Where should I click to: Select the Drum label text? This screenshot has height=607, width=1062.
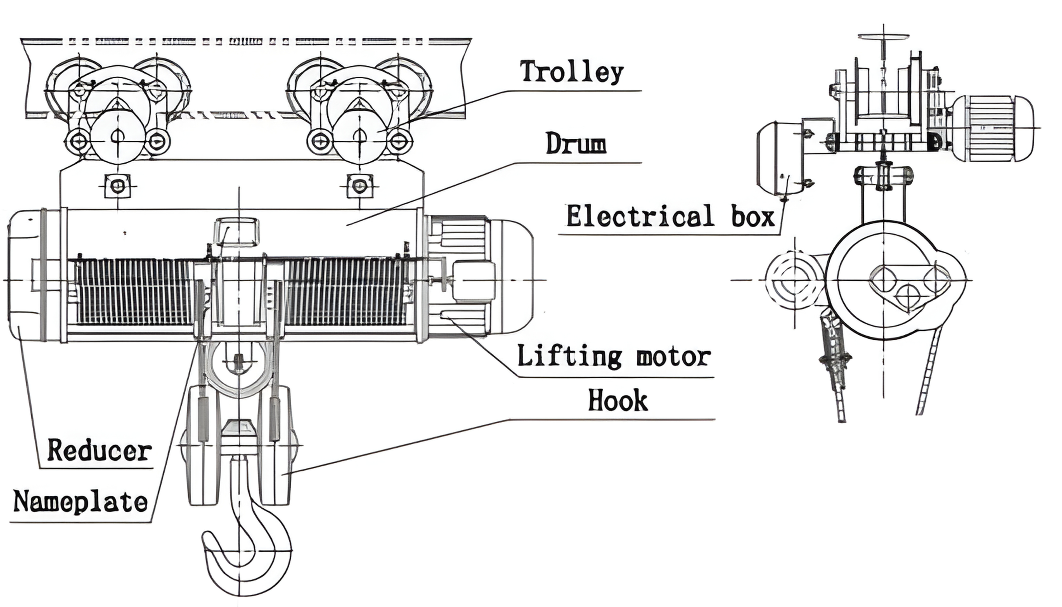pyautogui.click(x=576, y=144)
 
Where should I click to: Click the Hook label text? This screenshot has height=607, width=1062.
pyautogui.click(x=618, y=400)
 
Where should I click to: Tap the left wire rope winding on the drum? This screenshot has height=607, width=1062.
pyautogui.click(x=133, y=292)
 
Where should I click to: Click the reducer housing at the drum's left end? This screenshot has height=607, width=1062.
pyautogui.click(x=25, y=275)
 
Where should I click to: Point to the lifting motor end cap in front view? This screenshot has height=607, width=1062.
pyautogui.click(x=517, y=275)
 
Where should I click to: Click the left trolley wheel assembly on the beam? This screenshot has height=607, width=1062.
pyautogui.click(x=118, y=113)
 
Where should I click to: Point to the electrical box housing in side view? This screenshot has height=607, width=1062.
pyautogui.click(x=779, y=158)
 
